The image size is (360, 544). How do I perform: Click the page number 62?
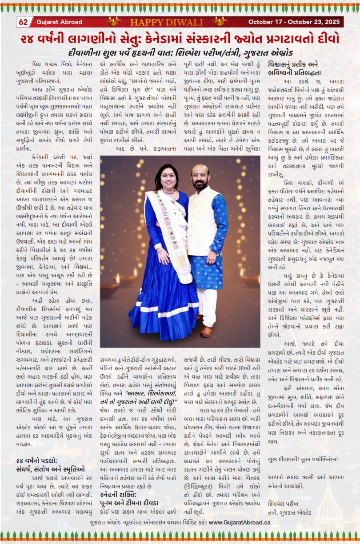point(23,22)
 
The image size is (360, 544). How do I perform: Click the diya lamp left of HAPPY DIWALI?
point(113,21)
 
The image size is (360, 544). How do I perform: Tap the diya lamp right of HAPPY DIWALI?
point(219,21)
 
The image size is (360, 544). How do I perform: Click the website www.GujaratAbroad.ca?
point(240,522)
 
